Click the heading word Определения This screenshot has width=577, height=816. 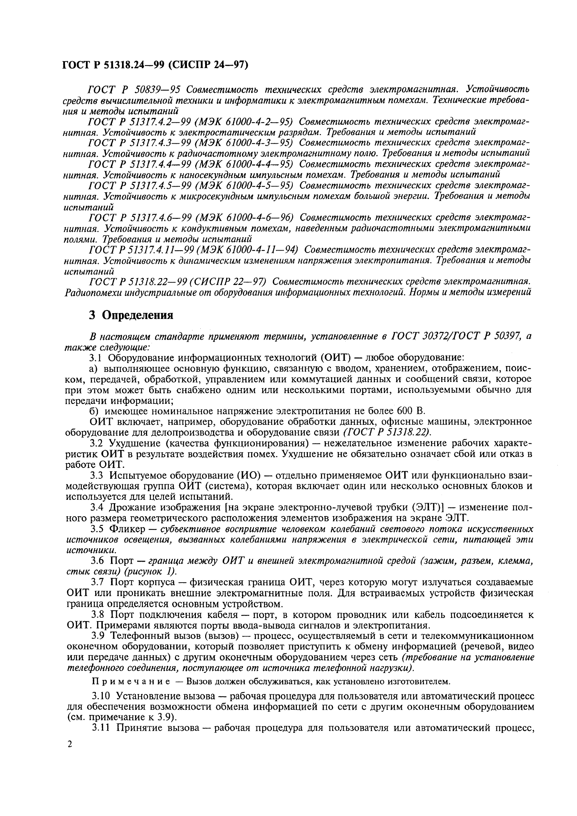(137, 315)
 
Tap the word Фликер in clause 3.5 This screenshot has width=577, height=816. (127, 529)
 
